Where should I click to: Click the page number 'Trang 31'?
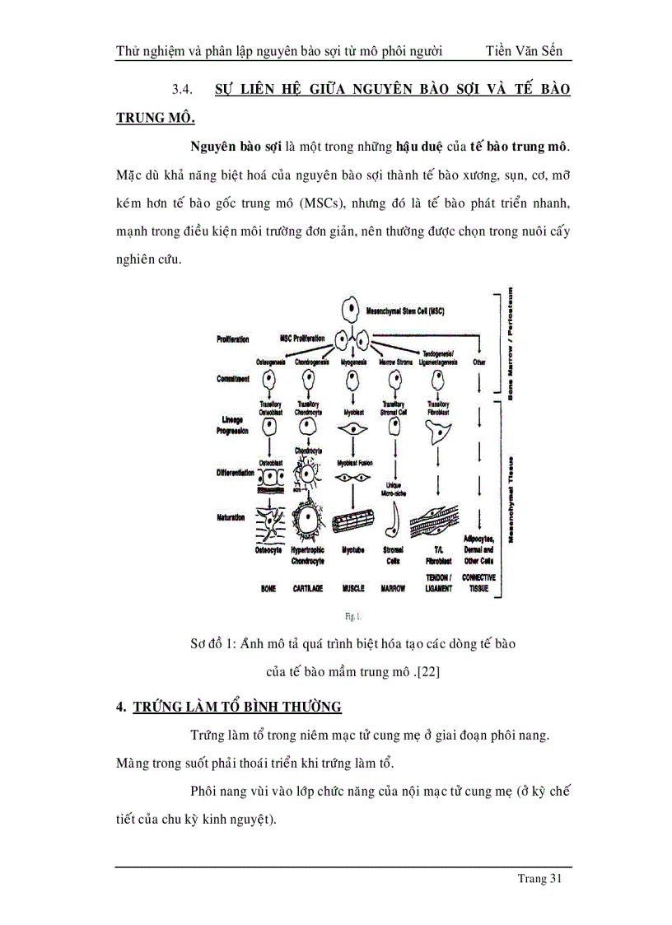(539, 879)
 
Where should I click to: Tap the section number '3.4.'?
(181, 89)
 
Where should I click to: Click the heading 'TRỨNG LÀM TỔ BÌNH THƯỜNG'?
(237, 707)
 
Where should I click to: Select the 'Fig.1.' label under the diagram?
(353, 615)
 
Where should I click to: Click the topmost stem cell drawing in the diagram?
(352, 311)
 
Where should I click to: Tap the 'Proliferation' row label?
(233, 339)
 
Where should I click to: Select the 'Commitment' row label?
(233, 379)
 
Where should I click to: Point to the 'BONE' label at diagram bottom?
(268, 589)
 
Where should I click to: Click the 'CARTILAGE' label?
(307, 589)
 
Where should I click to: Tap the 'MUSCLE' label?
(352, 589)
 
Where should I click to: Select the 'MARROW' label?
(394, 589)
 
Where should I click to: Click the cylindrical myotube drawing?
(352, 523)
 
